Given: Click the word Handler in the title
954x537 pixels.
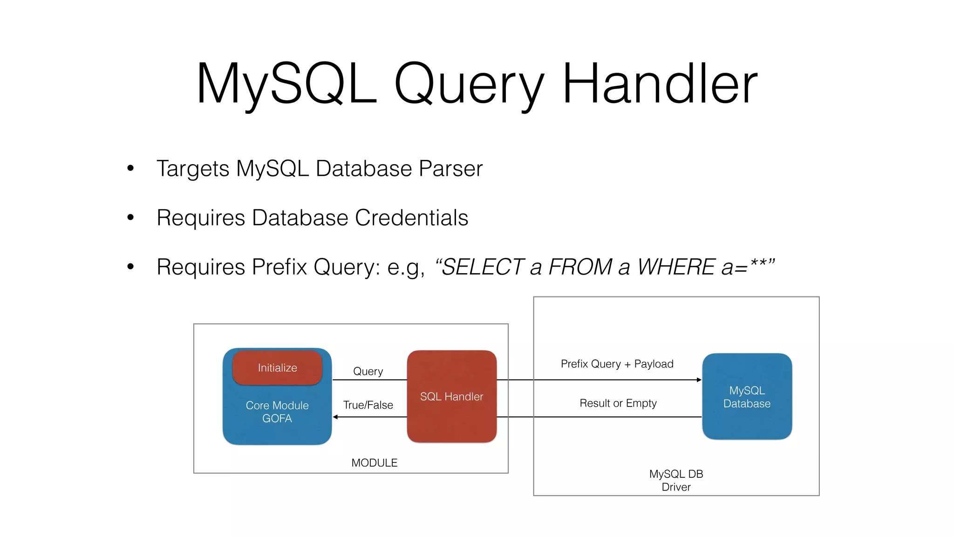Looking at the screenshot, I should click(660, 84).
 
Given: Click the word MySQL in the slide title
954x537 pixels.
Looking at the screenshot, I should click(286, 84).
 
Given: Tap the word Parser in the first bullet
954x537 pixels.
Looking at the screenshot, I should click(450, 169).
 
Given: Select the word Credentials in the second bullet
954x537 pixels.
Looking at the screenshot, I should click(411, 218).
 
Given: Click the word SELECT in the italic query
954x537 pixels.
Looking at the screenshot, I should click(483, 267).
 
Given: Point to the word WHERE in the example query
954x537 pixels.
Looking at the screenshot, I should click(676, 267).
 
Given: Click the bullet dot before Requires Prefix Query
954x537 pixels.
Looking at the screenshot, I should click(130, 267).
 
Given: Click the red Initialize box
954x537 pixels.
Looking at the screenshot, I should click(277, 368).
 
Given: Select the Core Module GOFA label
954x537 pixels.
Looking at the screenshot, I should click(277, 412).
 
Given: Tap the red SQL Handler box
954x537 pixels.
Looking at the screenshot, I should click(451, 397).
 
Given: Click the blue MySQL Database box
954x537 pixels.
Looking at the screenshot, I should click(747, 397).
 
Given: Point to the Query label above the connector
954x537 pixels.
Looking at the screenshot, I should click(368, 372).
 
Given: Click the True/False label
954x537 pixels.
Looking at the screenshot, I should click(368, 405).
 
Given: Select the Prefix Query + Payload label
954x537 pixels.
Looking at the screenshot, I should click(617, 364).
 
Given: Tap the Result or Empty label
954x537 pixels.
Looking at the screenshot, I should click(618, 403).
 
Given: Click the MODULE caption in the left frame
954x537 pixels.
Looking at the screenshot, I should click(374, 463).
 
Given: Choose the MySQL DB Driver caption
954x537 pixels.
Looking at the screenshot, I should click(676, 481).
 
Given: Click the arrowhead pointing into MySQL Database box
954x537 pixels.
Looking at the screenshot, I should click(699, 380).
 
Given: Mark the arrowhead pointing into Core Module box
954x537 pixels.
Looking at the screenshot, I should click(335, 417).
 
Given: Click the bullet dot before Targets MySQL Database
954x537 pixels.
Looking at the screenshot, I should click(130, 168).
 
